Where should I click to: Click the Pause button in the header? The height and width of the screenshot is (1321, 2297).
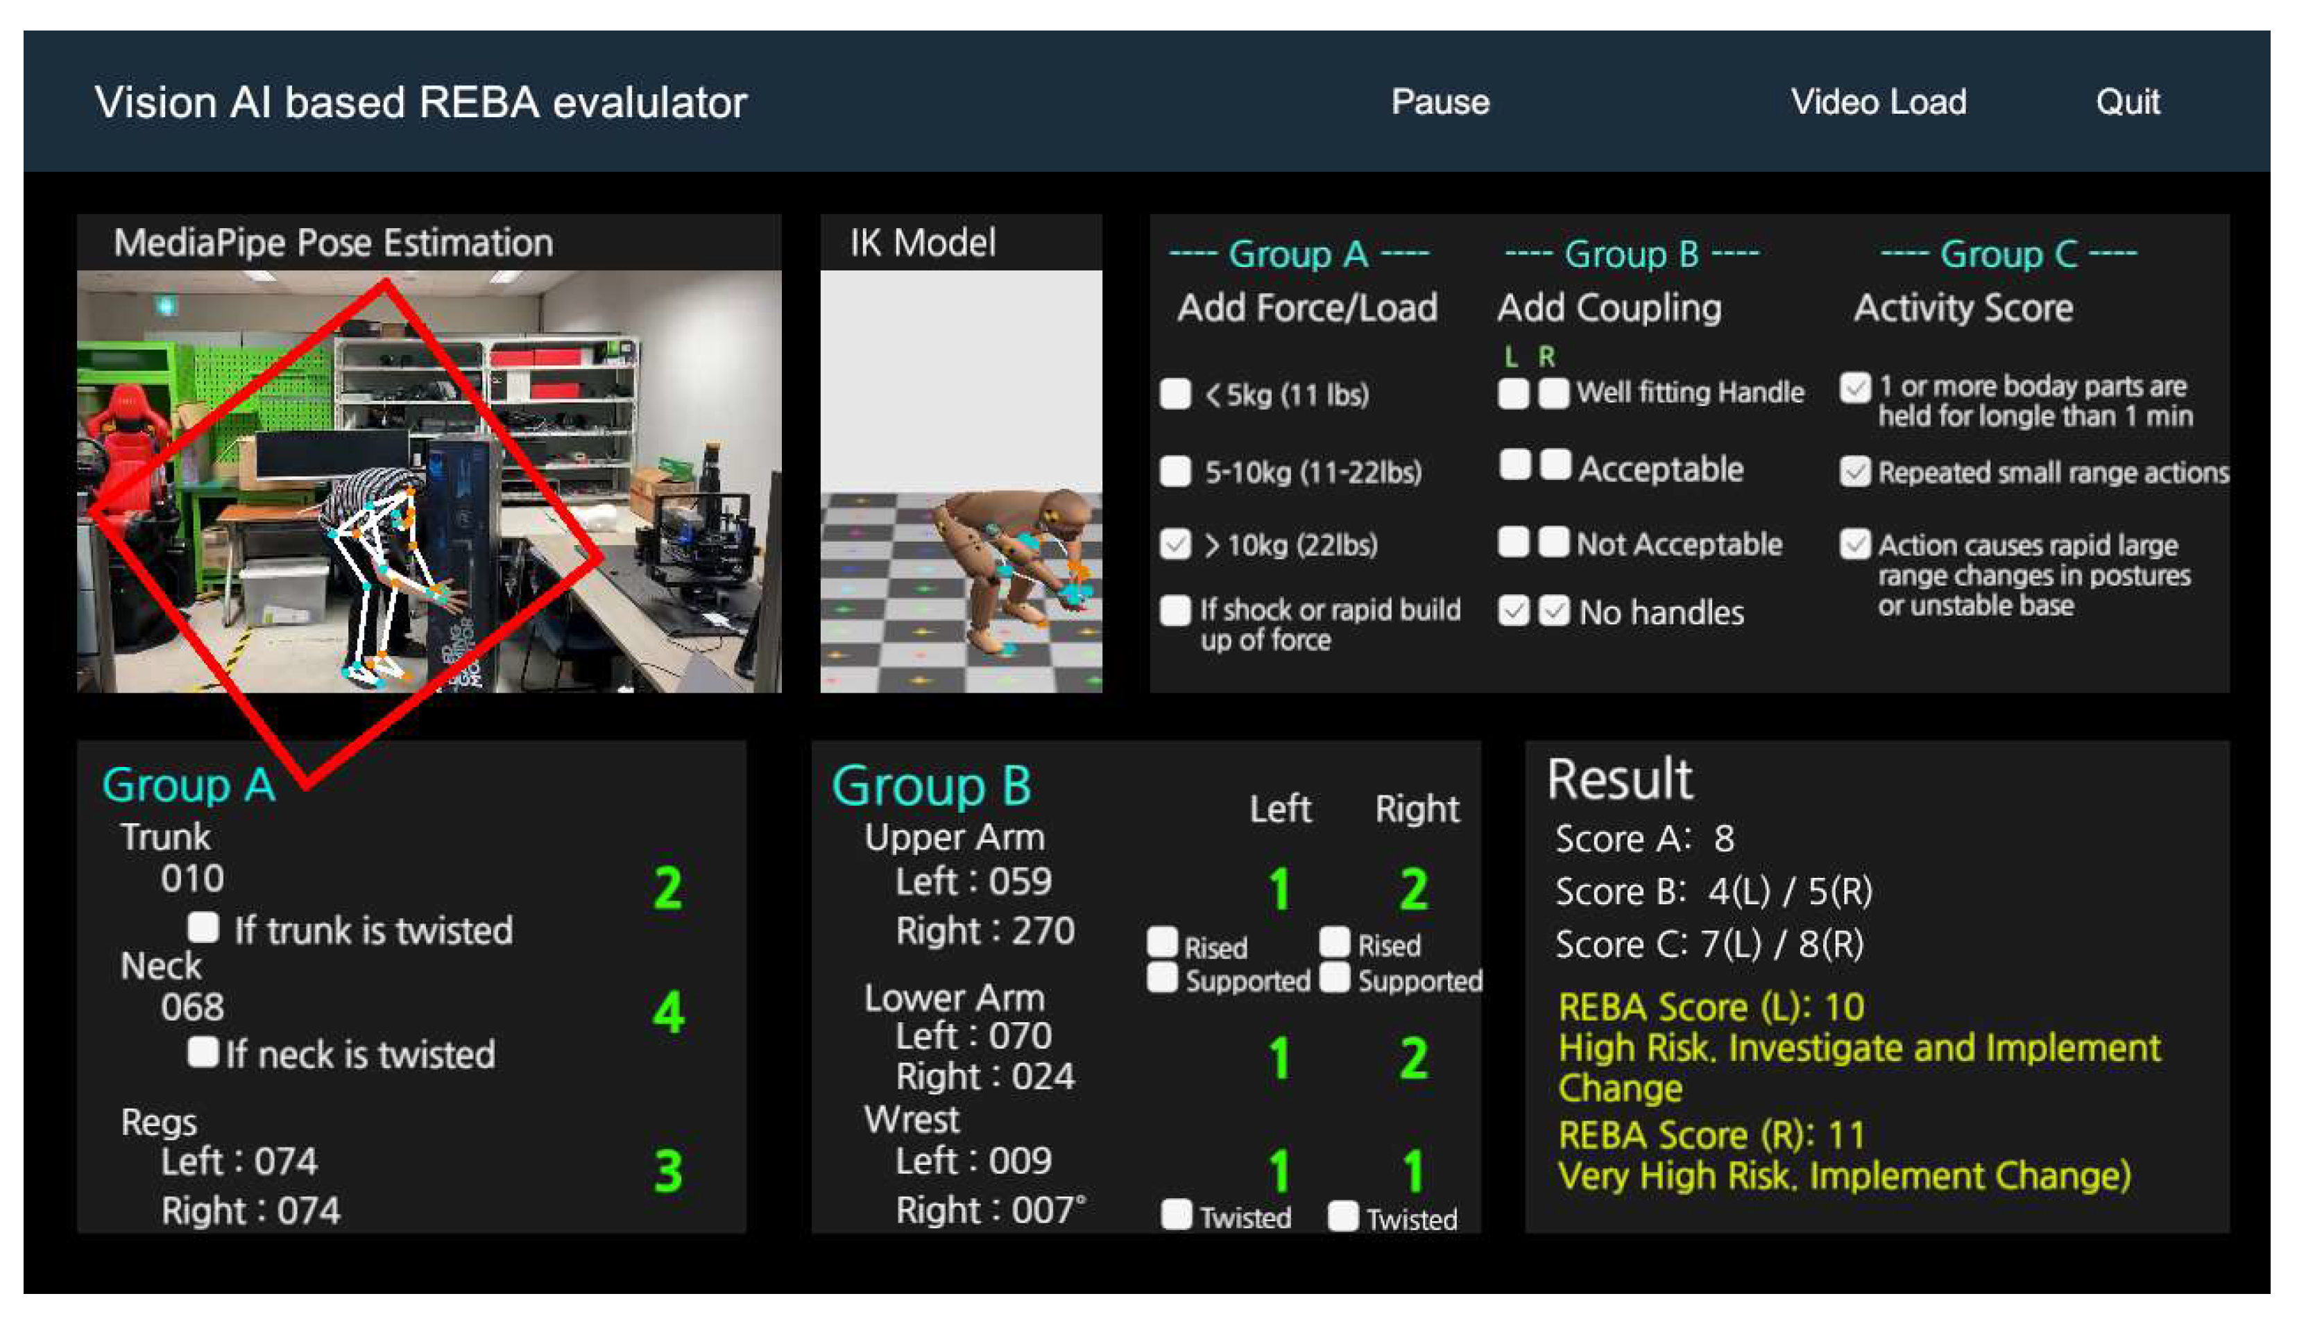(1440, 102)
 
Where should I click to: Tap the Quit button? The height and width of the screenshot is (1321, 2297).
(2127, 102)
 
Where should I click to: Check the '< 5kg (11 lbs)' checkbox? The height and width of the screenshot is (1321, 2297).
(1175, 394)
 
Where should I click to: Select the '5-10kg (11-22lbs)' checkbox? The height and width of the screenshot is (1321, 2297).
(1175, 471)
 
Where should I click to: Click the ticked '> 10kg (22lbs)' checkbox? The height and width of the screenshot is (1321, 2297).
(1175, 544)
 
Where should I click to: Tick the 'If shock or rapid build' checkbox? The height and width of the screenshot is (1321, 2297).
(1175, 610)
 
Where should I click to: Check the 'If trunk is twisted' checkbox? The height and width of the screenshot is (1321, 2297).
(203, 927)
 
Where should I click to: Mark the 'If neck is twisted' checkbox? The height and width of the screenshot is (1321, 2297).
(203, 1051)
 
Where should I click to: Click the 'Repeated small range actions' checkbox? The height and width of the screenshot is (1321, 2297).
(1854, 471)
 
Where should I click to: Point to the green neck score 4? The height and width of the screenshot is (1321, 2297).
(668, 1012)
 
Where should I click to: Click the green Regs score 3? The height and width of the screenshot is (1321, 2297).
(668, 1171)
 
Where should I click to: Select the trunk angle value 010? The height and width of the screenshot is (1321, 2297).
(192, 879)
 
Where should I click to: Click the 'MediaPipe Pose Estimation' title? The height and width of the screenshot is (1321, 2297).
(333, 243)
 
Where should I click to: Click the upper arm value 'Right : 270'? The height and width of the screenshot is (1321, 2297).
(984, 931)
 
